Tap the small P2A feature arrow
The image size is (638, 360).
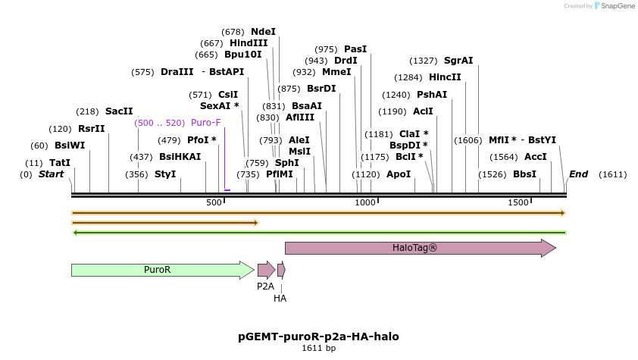click(x=265, y=270)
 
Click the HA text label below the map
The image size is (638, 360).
click(x=280, y=299)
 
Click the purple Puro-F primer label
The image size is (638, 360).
click(x=206, y=123)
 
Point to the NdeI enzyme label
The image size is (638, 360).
click(x=264, y=32)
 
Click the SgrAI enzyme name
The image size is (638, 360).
click(x=458, y=61)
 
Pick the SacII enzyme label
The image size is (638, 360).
click(x=119, y=111)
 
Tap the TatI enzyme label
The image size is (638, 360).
click(x=60, y=163)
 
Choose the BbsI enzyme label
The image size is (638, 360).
click(x=524, y=174)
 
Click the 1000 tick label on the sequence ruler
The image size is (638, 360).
click(x=366, y=202)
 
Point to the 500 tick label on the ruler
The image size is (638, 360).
click(x=214, y=202)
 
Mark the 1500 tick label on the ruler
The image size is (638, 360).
click(x=518, y=202)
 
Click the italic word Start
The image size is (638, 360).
click(x=51, y=174)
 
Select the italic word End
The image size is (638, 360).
click(x=578, y=174)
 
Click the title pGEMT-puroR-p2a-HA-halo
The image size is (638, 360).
click(x=318, y=337)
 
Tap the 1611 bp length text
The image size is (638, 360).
click(x=318, y=349)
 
